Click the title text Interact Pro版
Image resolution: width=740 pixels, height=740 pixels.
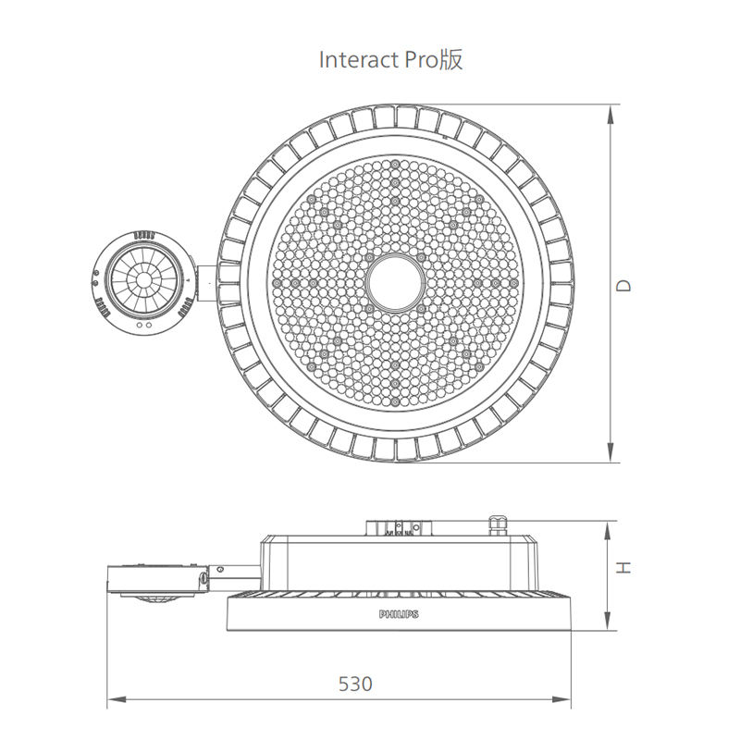[390, 60]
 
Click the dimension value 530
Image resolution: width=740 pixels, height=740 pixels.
[355, 684]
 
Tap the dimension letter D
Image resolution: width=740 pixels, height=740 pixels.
[623, 286]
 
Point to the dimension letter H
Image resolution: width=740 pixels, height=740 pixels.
[623, 567]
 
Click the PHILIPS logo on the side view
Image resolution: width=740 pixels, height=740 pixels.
[399, 614]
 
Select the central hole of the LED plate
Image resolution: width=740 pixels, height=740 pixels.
[396, 283]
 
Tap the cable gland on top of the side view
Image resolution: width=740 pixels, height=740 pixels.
[499, 525]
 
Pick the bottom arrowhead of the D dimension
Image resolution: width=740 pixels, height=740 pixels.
[610, 452]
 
